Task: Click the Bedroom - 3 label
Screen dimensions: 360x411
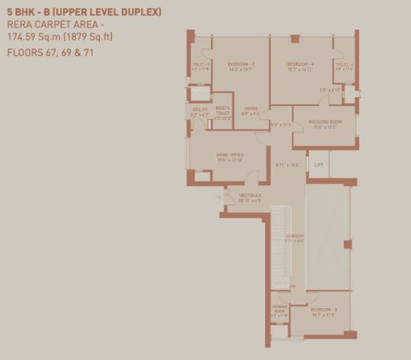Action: tap(241, 64)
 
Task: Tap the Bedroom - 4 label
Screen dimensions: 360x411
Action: tap(301, 64)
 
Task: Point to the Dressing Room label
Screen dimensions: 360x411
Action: tap(325, 121)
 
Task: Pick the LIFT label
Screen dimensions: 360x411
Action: tap(319, 165)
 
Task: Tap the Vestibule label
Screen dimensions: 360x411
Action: tap(250, 196)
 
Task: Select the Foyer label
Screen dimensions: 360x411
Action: tap(251, 108)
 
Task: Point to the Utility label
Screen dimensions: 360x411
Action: tap(199, 110)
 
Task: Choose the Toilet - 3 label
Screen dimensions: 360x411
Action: tap(199, 65)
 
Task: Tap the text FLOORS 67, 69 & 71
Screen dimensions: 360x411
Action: tap(50, 52)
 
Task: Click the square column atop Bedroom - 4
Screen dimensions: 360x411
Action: tap(295, 39)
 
